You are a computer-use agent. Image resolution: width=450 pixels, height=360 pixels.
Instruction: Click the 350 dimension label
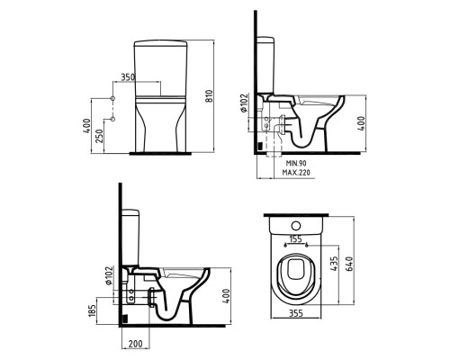(128, 77)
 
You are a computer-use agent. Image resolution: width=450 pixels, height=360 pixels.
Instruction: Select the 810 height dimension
(210, 96)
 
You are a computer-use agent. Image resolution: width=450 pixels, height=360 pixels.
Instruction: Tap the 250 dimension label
(100, 136)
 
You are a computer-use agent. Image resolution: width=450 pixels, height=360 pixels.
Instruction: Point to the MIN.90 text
(296, 163)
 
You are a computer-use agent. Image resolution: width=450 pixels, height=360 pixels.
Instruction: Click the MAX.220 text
(296, 173)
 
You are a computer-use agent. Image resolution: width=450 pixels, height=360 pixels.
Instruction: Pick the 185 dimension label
(93, 310)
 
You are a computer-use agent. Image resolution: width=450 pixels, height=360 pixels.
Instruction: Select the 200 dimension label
(135, 344)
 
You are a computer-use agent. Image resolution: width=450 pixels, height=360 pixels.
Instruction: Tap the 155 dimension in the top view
(295, 239)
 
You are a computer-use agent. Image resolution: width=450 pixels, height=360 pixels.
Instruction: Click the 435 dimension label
(334, 264)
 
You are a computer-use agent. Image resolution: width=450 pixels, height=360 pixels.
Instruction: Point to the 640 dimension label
(349, 264)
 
